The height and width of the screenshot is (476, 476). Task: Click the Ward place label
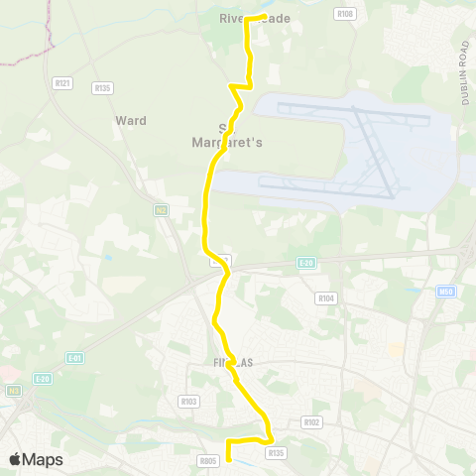131,121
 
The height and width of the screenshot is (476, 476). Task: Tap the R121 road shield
63,83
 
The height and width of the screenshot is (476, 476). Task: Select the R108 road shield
344,14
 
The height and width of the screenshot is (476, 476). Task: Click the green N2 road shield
160,210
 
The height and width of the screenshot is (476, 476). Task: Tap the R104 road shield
325,297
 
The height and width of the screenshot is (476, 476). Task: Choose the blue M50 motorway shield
446,293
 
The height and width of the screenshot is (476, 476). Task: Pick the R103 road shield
188,402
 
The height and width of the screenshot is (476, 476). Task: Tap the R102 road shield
312,421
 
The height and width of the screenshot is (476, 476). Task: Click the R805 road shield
207,460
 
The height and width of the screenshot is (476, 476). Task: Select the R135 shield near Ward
102,88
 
